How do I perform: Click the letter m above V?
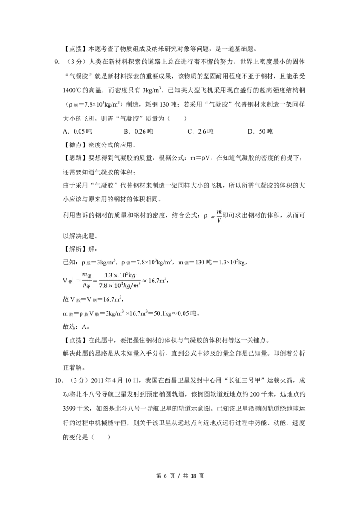219,212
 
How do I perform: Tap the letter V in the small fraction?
219,220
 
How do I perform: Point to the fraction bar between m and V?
219,216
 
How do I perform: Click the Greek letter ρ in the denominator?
84,285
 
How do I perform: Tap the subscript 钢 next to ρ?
89,286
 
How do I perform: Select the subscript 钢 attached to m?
89,277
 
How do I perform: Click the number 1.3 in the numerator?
108,275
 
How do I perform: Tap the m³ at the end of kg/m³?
137,285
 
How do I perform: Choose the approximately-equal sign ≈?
145,281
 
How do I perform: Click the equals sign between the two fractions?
95,281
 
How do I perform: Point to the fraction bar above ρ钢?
86,281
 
